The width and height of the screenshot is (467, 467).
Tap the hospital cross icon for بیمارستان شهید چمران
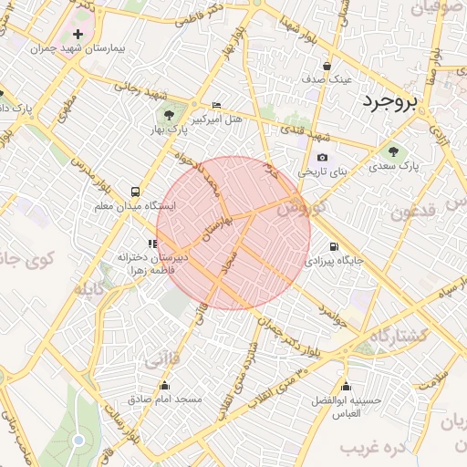coord(78,34)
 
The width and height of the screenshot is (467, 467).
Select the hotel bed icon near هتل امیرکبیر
coord(216,106)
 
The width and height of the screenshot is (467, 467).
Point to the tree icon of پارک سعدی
coord(393,152)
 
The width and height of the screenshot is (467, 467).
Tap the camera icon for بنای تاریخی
coord(321,157)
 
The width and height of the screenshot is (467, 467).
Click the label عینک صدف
coord(327,79)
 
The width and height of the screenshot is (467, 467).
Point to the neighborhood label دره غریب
coord(373,449)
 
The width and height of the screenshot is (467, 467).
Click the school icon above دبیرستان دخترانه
coord(151,244)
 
